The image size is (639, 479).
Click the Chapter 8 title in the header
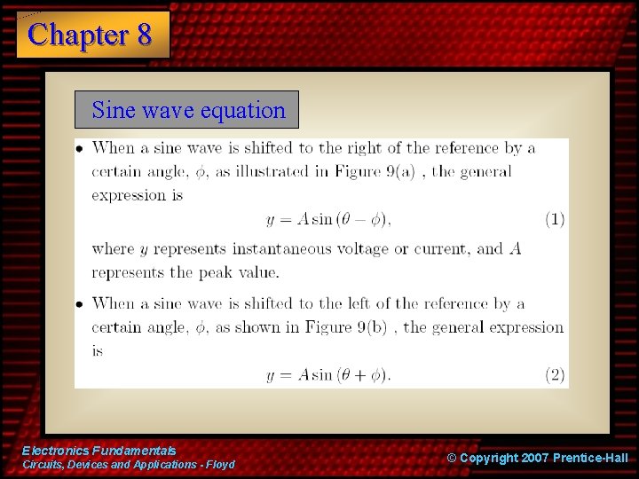91,35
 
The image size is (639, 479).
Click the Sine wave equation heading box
187,110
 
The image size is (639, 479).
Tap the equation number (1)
555,219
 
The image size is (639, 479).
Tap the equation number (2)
555,374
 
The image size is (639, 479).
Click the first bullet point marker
80,149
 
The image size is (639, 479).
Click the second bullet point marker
80,304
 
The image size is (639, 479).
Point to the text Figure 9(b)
352,327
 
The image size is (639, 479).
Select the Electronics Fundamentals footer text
99,451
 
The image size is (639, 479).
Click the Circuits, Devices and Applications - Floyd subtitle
129,465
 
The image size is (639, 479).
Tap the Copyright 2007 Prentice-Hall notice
537,458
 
